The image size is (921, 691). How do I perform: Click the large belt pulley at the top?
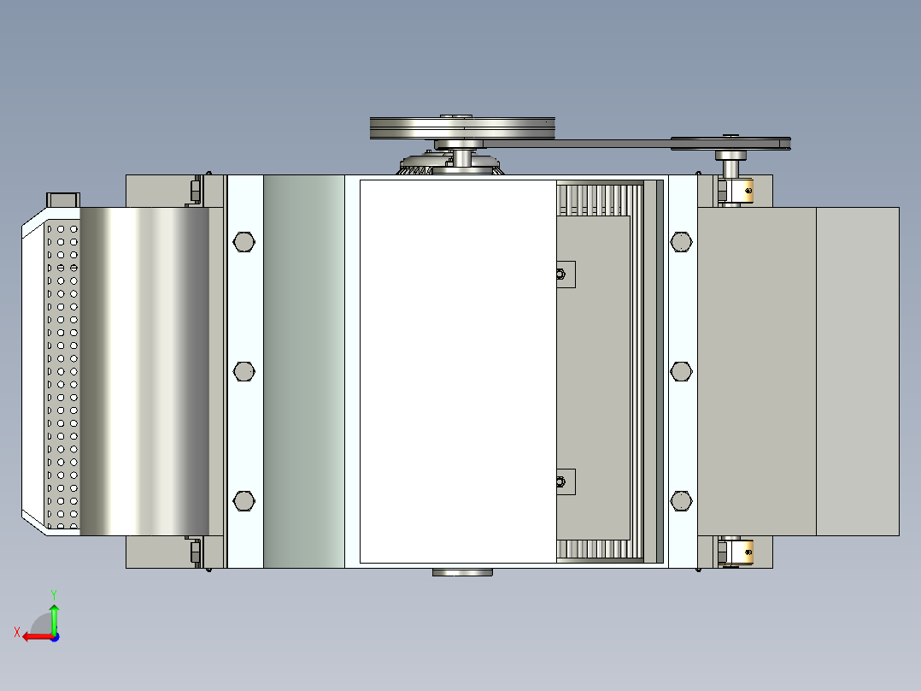[462, 128]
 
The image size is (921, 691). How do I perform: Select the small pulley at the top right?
[730, 143]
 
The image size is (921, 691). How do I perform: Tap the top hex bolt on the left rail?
[243, 242]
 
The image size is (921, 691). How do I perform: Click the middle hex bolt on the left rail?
[243, 370]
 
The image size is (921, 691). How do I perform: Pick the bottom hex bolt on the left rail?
[243, 500]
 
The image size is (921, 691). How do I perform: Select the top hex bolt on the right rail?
[681, 242]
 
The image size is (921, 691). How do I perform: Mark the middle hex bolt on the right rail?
[681, 370]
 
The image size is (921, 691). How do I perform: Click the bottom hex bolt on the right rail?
[681, 500]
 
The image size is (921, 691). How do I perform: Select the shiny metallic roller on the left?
[145, 370]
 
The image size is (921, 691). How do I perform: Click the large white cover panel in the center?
[457, 370]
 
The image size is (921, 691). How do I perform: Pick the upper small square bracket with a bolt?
[564, 275]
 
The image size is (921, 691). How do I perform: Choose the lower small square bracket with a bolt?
[564, 481]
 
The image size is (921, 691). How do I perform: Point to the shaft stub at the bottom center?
[462, 571]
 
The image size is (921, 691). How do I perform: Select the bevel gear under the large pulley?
[427, 164]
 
